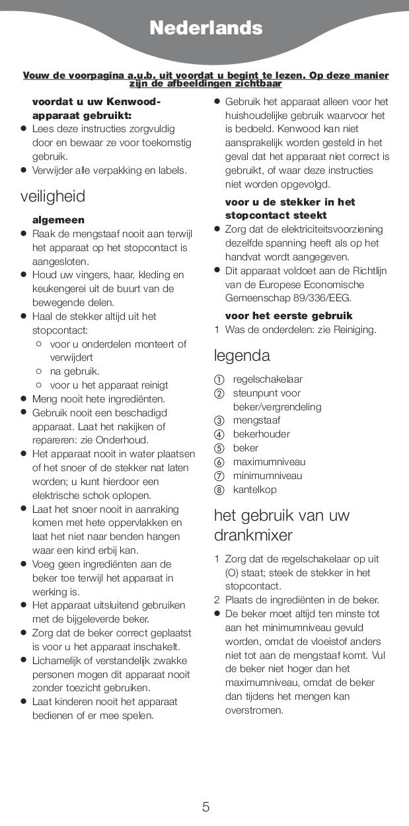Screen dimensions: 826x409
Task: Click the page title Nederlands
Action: (205, 28)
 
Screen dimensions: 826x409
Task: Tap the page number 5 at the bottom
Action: (205, 807)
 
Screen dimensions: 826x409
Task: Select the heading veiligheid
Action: (53, 196)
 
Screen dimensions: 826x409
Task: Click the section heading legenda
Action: (242, 356)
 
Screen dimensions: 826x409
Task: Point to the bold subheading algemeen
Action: (58, 220)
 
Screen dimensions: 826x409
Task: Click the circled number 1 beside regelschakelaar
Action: (219, 380)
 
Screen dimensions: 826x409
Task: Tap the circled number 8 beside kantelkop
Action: (219, 490)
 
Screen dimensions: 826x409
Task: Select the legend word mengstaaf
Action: (256, 420)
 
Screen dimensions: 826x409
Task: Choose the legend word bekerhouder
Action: (261, 434)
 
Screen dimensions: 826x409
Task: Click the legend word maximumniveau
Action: (269, 462)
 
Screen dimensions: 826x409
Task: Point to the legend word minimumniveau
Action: (268, 476)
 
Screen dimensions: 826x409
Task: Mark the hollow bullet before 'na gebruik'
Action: (39, 371)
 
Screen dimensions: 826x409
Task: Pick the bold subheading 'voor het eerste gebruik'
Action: (289, 316)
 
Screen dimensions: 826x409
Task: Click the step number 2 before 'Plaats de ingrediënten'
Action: (216, 600)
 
